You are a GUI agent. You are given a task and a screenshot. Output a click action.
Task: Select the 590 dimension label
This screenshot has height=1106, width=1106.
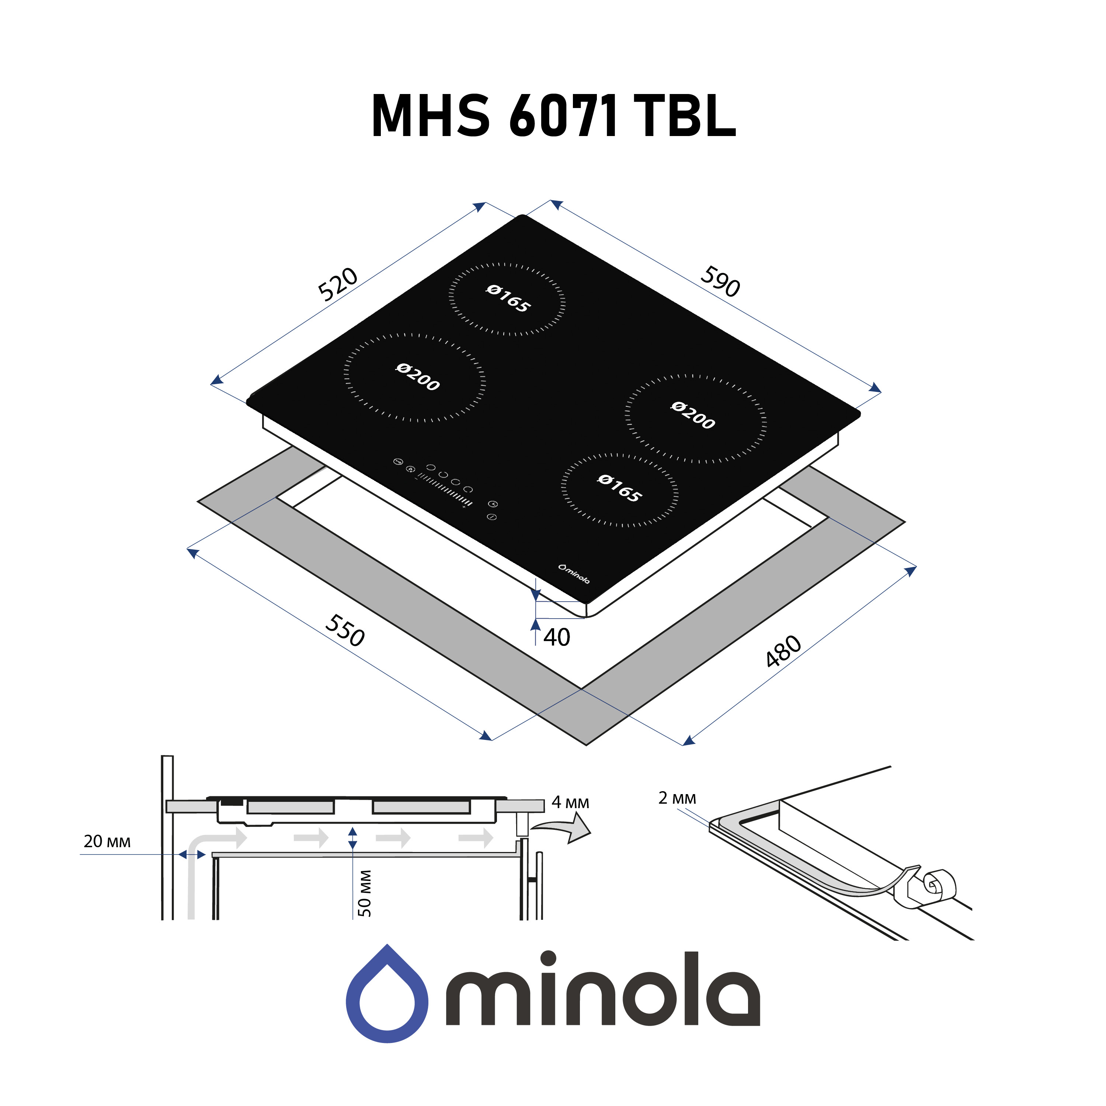pos(720,282)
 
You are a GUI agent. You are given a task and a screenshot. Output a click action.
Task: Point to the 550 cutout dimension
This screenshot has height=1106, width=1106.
pos(345,630)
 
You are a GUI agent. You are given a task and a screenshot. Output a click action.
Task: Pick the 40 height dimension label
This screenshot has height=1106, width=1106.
pos(556,637)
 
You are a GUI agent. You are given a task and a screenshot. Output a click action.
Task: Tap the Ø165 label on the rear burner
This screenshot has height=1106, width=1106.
pos(508,299)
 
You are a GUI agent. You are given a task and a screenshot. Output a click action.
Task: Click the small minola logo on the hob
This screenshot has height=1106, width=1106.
pos(574,574)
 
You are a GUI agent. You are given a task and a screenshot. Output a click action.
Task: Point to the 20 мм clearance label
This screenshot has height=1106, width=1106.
pos(107,842)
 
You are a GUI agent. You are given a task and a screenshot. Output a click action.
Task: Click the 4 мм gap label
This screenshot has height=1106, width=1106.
pos(570,803)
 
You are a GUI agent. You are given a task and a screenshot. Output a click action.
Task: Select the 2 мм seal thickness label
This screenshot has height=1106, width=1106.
pos(677,798)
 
